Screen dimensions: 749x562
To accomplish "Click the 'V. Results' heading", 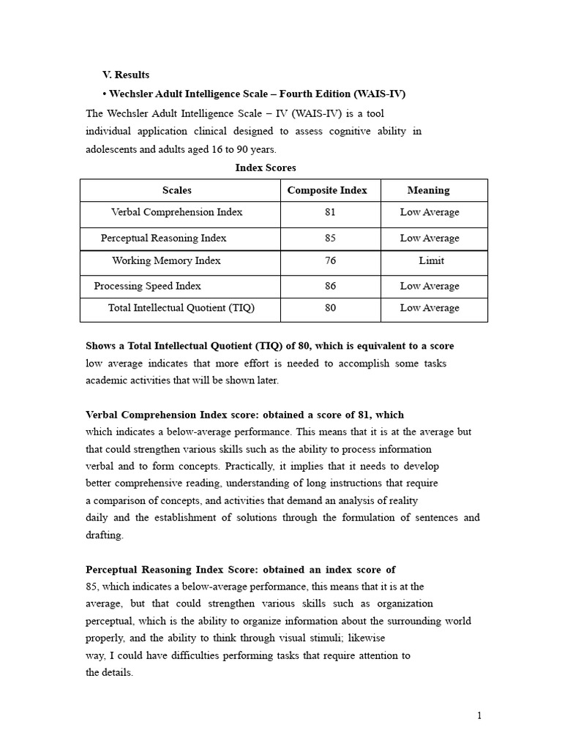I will pos(126,75).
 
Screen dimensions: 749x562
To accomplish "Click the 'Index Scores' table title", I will pos(266,168).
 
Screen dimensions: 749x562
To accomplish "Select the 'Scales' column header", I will pos(177,190).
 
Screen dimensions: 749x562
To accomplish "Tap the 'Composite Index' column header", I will pos(327,190).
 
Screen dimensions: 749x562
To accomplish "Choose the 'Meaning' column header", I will pos(428,190).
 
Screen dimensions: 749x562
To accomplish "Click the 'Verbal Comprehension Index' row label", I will pos(177,212).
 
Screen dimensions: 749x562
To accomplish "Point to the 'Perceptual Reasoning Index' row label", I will pos(164,238).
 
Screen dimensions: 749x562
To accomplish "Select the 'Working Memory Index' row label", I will pos(166,260).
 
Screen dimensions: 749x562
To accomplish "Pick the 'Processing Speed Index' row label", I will pos(148,286).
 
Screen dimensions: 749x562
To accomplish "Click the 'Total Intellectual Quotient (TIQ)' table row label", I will pos(181,308).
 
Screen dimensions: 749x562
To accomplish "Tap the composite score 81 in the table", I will pos(331,212).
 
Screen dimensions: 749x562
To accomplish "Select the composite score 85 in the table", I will pos(331,238).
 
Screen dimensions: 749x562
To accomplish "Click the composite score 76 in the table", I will pos(331,260).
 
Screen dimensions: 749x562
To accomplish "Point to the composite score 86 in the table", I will pos(331,286).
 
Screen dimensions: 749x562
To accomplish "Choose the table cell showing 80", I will pos(331,308).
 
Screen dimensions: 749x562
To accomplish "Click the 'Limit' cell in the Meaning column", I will pos(431,260).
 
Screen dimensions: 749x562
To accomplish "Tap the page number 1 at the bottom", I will pos(479,716).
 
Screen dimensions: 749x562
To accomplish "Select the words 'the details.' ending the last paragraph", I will pos(110,672).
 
